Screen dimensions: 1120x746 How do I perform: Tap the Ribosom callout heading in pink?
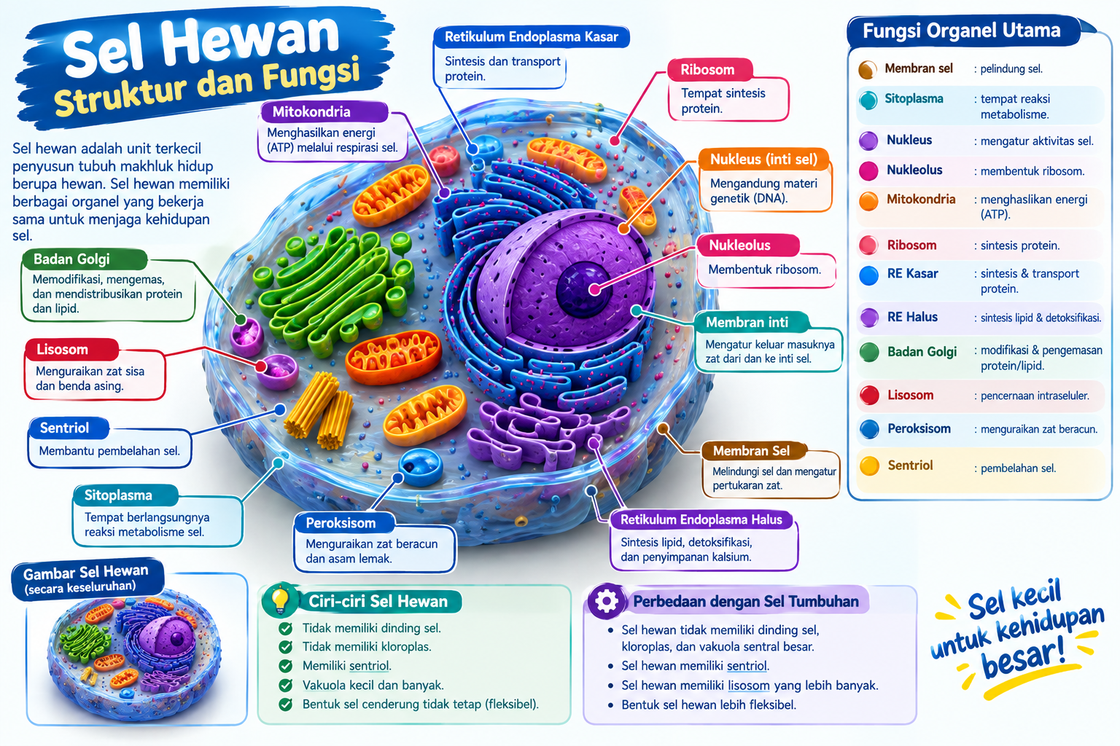click(x=709, y=69)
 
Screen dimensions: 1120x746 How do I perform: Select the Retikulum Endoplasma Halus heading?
click(x=701, y=519)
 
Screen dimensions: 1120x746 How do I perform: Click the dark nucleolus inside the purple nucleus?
click(x=583, y=288)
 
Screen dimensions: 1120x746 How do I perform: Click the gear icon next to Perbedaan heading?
click(x=606, y=601)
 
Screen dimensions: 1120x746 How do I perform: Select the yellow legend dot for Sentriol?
click(x=869, y=466)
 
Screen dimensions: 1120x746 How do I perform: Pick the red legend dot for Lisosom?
click(x=869, y=396)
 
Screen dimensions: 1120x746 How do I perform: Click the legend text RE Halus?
click(x=912, y=317)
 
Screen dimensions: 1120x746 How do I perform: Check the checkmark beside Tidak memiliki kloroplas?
click(x=286, y=647)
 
